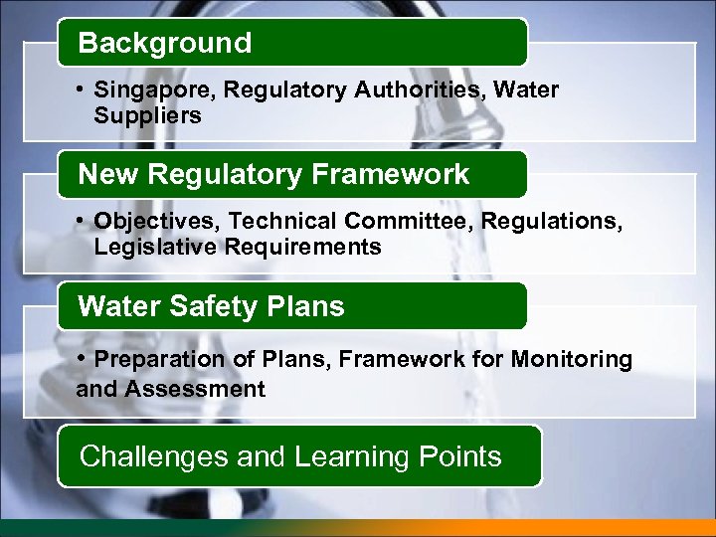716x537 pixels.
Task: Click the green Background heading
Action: tap(165, 44)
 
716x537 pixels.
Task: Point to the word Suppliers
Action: tap(147, 116)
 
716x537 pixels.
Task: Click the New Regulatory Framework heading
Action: tap(273, 175)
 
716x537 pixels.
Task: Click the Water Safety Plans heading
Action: tap(211, 306)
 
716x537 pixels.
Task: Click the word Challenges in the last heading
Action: tap(153, 456)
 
